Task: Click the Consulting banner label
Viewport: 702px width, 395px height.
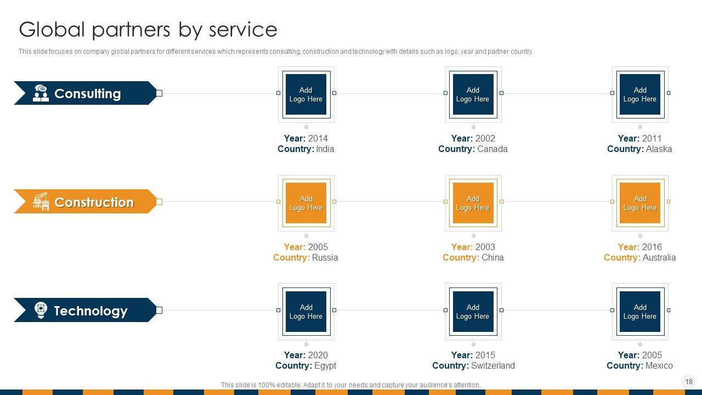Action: (x=87, y=94)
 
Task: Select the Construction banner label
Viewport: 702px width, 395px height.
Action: (x=94, y=202)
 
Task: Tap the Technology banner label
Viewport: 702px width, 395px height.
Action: (x=90, y=311)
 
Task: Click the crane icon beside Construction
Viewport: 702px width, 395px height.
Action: (x=41, y=201)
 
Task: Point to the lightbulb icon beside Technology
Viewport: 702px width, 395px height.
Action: (x=41, y=310)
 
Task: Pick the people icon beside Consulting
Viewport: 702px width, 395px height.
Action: (x=41, y=93)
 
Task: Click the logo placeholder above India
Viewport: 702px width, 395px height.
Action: (x=306, y=94)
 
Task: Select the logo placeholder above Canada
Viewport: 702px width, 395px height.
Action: (x=473, y=94)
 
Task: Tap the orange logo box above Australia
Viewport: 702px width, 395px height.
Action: (x=640, y=203)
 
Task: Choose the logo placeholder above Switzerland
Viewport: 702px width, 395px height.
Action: (x=473, y=312)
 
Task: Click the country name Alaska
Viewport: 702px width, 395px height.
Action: (x=659, y=149)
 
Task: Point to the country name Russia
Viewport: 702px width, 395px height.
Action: (x=325, y=258)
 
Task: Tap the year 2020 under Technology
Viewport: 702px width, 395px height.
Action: (x=318, y=356)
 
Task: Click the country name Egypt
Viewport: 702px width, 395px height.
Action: (x=325, y=366)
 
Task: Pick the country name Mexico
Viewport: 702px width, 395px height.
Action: (x=659, y=366)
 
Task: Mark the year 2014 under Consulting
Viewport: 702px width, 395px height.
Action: (x=318, y=139)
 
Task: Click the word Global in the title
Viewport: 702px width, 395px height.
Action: (x=53, y=30)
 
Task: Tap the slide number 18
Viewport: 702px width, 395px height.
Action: (x=689, y=381)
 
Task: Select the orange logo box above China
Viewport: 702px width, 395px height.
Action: (x=473, y=203)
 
